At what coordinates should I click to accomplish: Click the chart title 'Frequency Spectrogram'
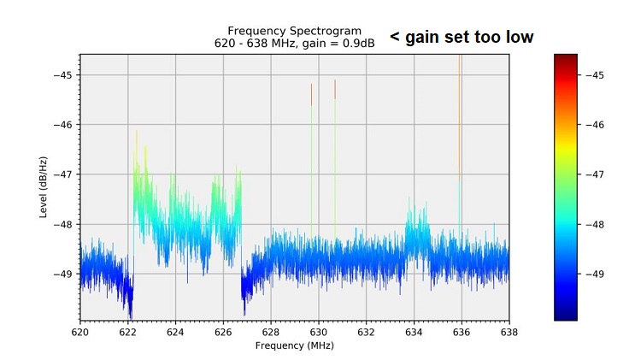(294, 31)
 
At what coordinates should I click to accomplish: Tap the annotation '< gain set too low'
(462, 37)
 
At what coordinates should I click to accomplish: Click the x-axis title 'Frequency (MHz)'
(294, 345)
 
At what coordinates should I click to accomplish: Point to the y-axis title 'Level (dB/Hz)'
(44, 186)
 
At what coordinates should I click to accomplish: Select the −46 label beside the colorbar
(596, 125)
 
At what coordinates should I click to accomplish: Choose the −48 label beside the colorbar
(596, 225)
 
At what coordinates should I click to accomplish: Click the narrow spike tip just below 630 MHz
(312, 86)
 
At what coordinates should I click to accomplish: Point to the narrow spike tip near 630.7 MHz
(335, 82)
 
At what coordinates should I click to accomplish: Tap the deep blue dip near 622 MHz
(130, 310)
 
